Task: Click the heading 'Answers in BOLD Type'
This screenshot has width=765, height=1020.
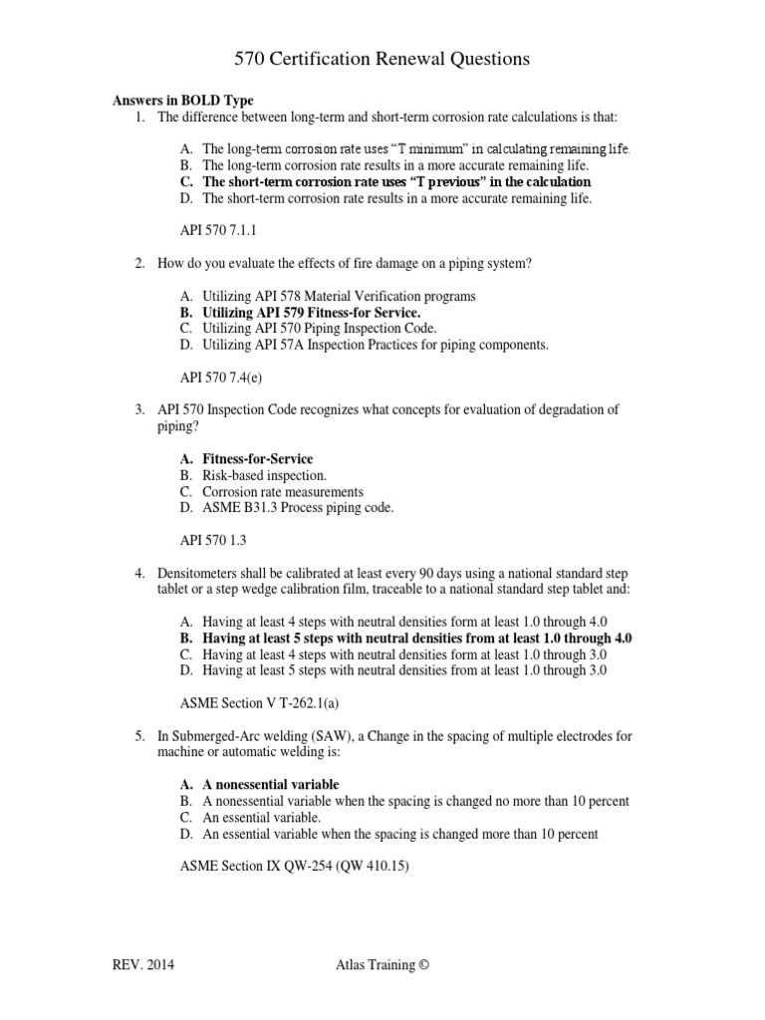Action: point(182,101)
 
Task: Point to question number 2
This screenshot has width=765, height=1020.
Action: point(140,263)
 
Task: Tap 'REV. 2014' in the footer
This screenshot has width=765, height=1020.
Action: point(147,965)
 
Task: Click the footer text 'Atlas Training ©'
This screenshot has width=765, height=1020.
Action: point(382,965)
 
